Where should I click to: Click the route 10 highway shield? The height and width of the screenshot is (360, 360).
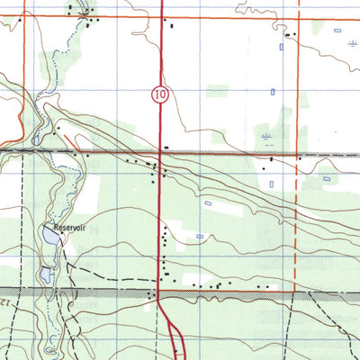tap(158, 94)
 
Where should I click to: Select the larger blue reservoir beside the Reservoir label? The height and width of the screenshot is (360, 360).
tap(49, 236)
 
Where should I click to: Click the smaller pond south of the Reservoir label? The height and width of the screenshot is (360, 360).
tap(44, 274)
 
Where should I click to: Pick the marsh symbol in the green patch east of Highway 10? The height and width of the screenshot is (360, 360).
tap(265, 137)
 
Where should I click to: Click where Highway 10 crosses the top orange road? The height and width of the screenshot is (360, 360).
tap(160, 16)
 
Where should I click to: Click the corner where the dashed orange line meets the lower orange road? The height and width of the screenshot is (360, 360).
tap(296, 291)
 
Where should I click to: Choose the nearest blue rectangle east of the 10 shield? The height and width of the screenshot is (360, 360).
tap(272, 91)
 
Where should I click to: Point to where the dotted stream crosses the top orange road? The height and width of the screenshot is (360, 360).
tap(86, 16)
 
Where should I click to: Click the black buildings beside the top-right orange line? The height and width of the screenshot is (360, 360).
tap(288, 34)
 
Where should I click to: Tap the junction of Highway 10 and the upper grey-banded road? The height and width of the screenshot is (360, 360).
tap(160, 154)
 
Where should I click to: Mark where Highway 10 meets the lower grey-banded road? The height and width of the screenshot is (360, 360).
tap(160, 292)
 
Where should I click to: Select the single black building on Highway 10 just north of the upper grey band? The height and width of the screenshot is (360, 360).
tap(166, 146)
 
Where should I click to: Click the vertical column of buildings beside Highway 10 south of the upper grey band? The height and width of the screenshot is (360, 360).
tap(164, 245)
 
